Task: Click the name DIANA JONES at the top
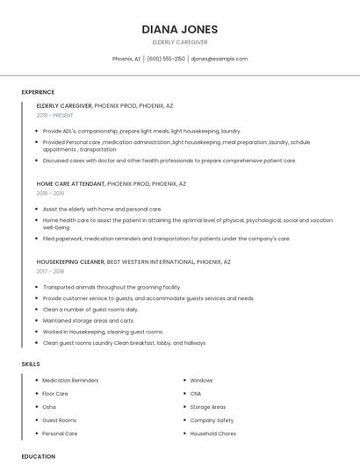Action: click(x=179, y=29)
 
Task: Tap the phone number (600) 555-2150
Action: click(x=166, y=59)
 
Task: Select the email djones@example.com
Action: click(x=219, y=59)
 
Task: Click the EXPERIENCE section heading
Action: click(x=38, y=92)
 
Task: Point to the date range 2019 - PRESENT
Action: click(x=55, y=115)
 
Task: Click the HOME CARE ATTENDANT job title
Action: click(x=70, y=184)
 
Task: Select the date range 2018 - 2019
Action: click(x=50, y=193)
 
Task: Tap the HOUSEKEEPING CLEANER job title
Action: click(x=70, y=261)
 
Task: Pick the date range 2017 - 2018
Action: click(x=50, y=271)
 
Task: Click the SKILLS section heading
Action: click(x=30, y=363)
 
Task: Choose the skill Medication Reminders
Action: click(x=70, y=381)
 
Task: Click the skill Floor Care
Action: click(x=55, y=394)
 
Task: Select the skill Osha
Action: click(x=49, y=407)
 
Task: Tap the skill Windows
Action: click(x=202, y=381)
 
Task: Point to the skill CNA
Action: click(x=196, y=394)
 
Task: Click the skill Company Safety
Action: click(x=212, y=420)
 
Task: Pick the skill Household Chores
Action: click(x=213, y=433)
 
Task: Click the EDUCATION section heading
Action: click(x=38, y=456)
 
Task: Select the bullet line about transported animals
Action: click(x=112, y=287)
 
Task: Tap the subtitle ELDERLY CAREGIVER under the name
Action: click(x=179, y=41)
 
